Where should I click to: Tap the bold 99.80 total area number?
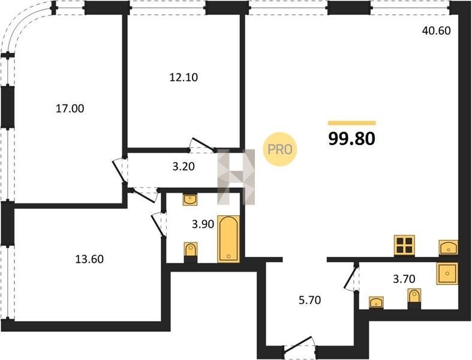351,139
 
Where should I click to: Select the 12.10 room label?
184,78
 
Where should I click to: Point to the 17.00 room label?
70,109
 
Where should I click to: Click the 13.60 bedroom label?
89,259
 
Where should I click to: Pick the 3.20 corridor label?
184,166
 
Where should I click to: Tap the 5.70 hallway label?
309,300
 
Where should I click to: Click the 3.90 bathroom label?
203,224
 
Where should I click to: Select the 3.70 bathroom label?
404,279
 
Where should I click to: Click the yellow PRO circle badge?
280,149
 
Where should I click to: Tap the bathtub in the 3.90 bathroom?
229,239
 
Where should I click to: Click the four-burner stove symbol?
404,246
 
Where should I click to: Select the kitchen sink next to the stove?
449,248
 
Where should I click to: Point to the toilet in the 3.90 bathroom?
191,252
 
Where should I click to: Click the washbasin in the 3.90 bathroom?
190,200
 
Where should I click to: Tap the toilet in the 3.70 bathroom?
414,298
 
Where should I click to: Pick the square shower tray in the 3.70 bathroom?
447,274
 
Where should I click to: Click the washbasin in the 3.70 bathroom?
376,302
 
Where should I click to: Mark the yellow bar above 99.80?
352,123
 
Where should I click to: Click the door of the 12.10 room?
203,145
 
